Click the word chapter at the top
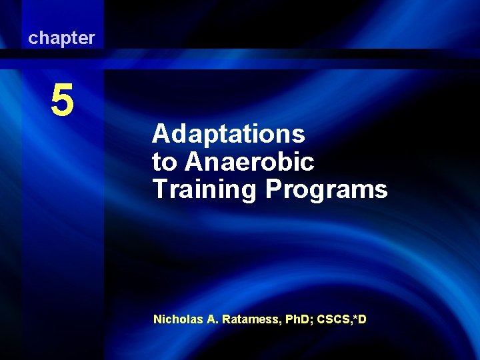(61, 39)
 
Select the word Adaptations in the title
(229, 135)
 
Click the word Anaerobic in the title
(250, 162)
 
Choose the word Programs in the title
(327, 189)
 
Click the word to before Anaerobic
(165, 163)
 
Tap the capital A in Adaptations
(159, 135)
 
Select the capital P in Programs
(273, 189)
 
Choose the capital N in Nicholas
(157, 319)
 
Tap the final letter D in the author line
(363, 319)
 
